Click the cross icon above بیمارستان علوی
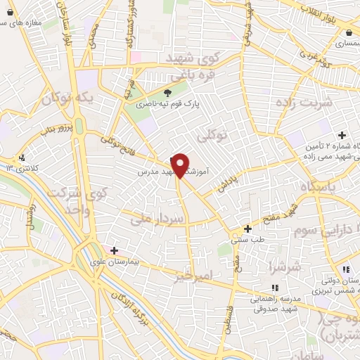(114, 250)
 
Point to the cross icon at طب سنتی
(247, 229)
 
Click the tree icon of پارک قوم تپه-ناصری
(167, 93)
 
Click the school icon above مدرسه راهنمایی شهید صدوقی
(274, 287)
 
